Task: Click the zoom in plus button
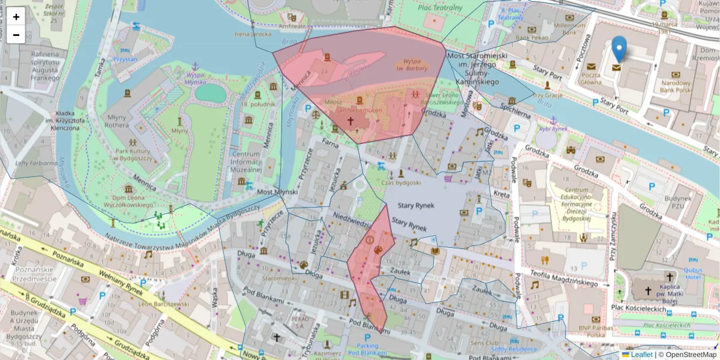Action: [x=16, y=17]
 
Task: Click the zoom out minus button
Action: [x=16, y=35]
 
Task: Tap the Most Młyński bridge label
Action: [x=273, y=192]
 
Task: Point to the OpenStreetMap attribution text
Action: [x=690, y=355]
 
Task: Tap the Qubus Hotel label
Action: [x=692, y=273]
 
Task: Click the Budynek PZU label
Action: [x=678, y=202]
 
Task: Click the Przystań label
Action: [x=124, y=59]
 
